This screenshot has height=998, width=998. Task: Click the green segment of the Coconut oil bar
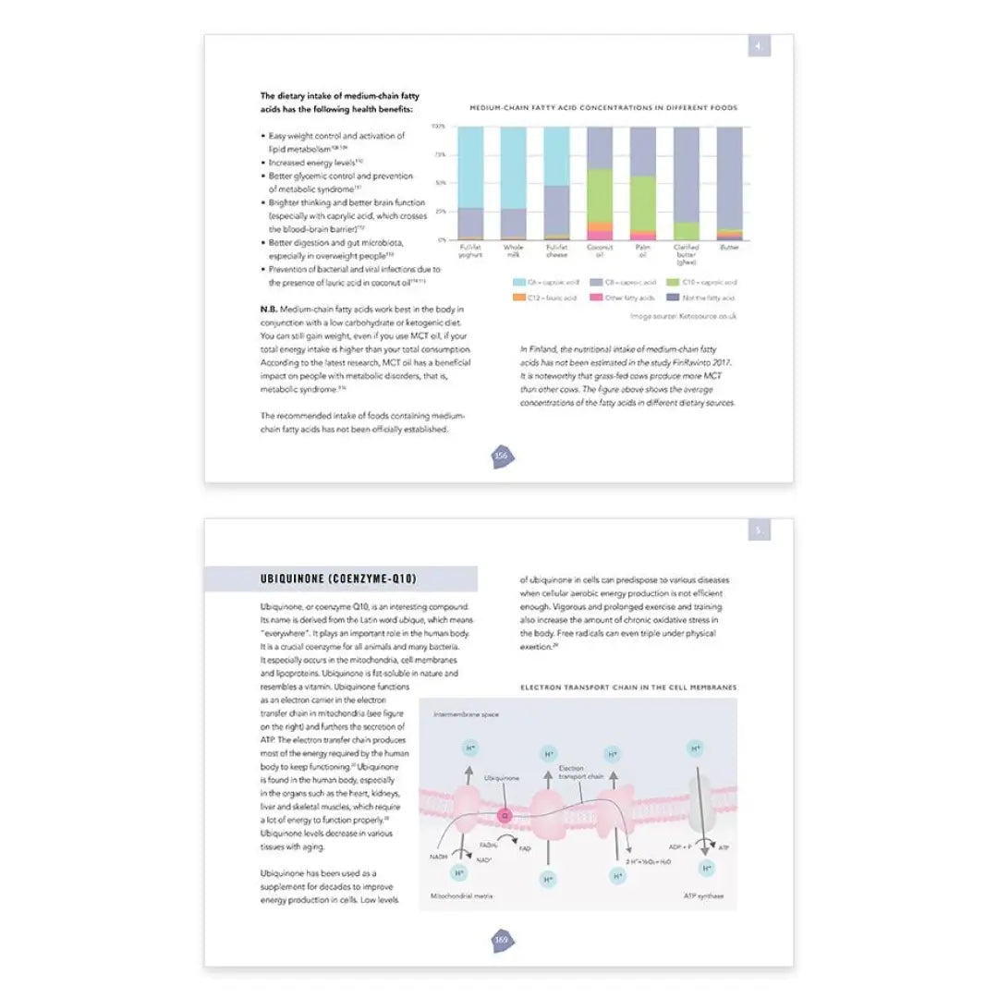599,194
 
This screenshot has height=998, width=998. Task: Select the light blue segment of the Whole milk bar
513,167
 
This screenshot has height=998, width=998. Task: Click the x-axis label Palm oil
642,251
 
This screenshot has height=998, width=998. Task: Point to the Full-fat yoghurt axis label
470,251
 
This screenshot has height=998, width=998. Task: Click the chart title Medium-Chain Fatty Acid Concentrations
603,108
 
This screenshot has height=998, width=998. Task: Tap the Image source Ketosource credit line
683,316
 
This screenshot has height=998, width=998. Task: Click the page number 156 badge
501,456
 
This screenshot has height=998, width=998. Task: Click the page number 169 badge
501,940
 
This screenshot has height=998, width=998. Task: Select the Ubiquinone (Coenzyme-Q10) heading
338,579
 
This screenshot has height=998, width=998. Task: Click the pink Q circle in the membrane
505,815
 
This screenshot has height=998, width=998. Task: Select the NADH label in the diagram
439,857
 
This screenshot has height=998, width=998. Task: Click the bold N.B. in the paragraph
269,308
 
